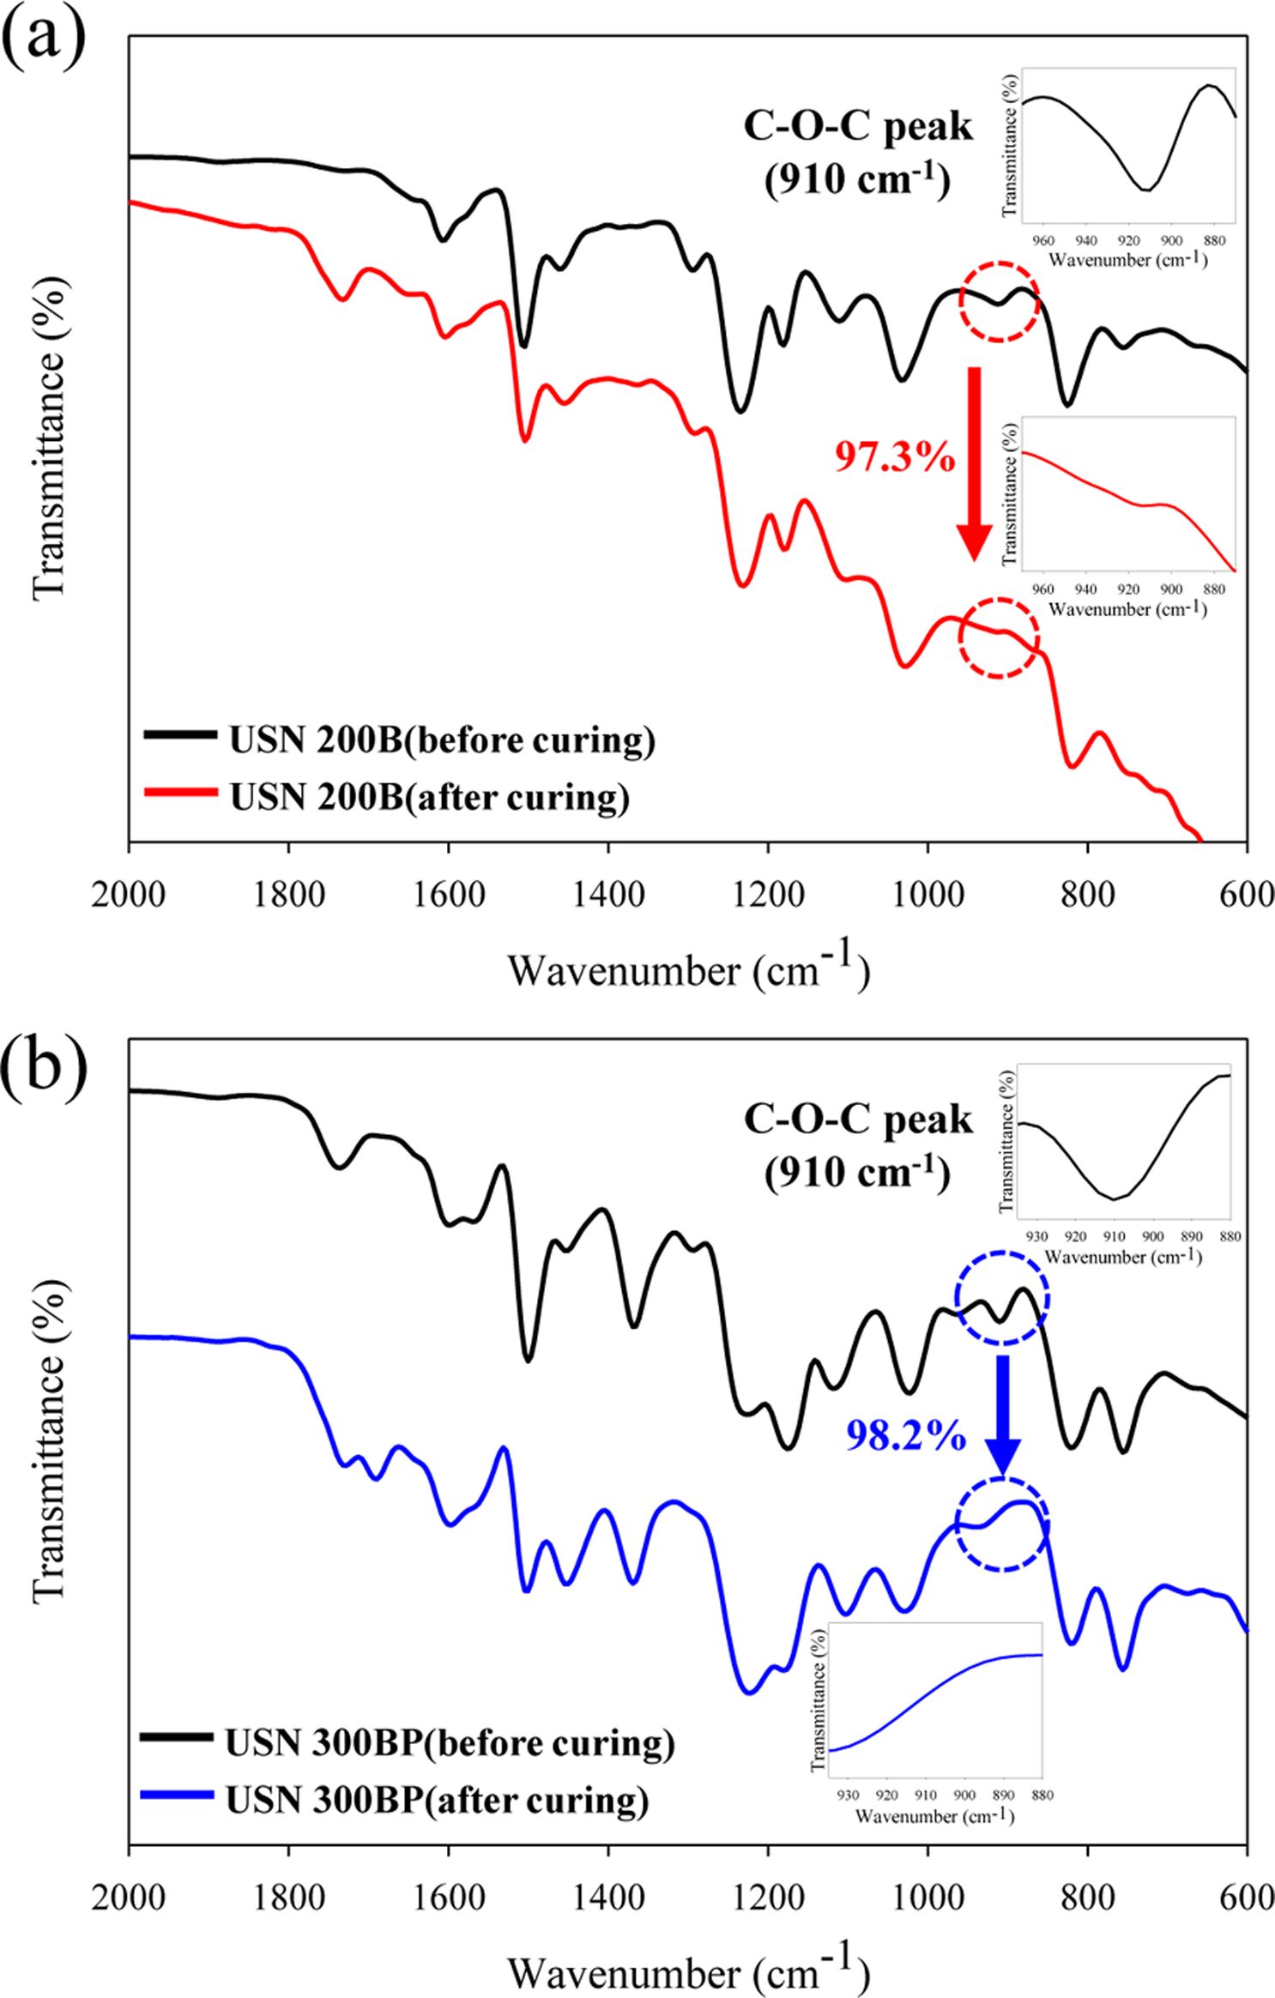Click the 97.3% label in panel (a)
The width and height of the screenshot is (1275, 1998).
[x=895, y=457]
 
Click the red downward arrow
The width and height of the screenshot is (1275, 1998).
[x=974, y=463]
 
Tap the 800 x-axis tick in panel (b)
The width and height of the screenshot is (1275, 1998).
[x=1087, y=1897]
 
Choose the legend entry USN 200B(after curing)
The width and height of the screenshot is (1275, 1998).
[x=429, y=797]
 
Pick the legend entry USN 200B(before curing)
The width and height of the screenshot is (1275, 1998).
[x=442, y=739]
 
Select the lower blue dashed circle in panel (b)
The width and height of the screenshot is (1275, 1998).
[x=1002, y=1524]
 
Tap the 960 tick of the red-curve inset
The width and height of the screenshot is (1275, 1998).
[x=1043, y=590]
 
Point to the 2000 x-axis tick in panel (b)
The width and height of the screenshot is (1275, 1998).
[x=129, y=1897]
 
